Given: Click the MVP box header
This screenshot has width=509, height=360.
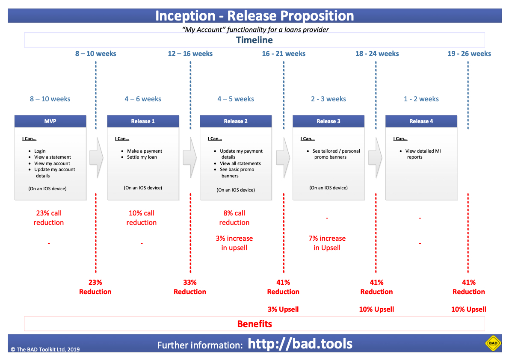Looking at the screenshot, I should tap(50, 121).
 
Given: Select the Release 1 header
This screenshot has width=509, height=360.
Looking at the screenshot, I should tap(143, 121).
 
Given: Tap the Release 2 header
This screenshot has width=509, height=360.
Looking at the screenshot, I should tap(236, 121).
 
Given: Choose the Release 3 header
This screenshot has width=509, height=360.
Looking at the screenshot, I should tap(328, 121).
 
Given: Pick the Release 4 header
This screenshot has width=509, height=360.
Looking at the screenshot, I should tap(421, 121).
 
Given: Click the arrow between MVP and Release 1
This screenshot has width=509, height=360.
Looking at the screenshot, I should tap(96, 157).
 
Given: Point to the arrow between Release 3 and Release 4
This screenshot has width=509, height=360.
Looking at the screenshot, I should tap(375, 157).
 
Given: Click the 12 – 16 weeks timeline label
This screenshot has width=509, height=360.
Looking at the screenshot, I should tap(190, 53).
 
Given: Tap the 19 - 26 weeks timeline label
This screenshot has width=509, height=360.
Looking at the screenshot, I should tap(469, 53).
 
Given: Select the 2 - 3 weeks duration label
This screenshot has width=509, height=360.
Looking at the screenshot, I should tap(328, 99).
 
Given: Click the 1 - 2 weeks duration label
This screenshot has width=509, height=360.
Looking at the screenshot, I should tap(421, 99).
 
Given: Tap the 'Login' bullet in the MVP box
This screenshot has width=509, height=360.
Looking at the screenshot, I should tap(40, 151).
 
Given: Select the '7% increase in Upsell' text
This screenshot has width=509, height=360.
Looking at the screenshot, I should tap(327, 243).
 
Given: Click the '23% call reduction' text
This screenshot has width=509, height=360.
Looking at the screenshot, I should tap(49, 218).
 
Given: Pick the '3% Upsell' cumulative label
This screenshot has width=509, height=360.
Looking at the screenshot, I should tap(283, 309).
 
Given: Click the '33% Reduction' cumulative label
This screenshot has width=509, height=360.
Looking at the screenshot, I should tap(190, 287).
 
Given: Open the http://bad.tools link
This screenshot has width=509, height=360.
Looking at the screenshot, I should tap(300, 344).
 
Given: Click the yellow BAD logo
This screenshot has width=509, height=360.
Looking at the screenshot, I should tap(493, 343).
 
